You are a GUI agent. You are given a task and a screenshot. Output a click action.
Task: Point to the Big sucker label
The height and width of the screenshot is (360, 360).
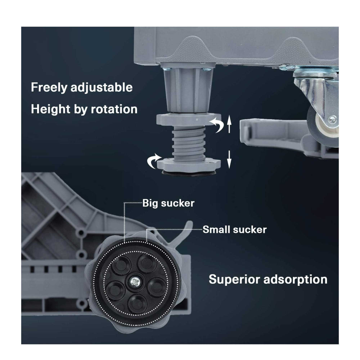pos(168,203)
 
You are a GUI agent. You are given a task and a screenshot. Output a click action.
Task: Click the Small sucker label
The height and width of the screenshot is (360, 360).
pos(234,229)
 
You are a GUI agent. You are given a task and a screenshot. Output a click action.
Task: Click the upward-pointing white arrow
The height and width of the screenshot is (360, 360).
pos(229,127)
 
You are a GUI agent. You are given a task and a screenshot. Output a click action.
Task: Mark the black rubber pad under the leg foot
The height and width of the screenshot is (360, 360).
pos(187,173)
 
